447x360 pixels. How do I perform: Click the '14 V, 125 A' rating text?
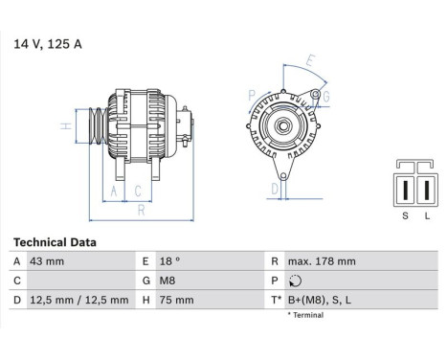[48, 44]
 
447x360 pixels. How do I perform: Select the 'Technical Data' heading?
[55, 242]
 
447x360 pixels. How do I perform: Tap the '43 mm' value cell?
[47, 261]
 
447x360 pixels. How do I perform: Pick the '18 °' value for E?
[169, 261]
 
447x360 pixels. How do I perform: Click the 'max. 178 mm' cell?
[322, 261]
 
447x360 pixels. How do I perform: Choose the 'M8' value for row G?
[168, 281]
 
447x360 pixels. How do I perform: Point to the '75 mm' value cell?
[176, 300]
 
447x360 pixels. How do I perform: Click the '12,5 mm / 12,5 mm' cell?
[79, 300]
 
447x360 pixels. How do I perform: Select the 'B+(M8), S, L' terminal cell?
[320, 300]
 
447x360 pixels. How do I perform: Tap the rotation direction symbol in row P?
[295, 281]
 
